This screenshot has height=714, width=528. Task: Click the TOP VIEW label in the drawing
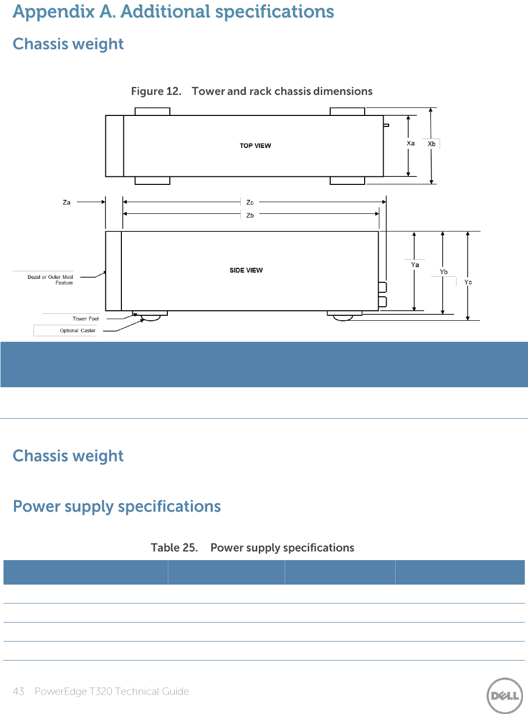tap(255, 146)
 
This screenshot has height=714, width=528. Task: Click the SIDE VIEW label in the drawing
tap(246, 270)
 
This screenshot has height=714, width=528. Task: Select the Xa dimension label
tap(411, 143)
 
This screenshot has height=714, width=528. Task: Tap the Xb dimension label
tap(432, 144)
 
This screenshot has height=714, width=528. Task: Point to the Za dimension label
tap(66, 202)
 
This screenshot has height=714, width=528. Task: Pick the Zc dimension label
tap(250, 202)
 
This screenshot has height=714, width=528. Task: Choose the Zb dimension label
tap(250, 215)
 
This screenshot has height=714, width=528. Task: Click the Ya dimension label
tap(415, 265)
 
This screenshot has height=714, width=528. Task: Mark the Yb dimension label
tap(444, 272)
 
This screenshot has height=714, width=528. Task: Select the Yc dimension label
tap(468, 282)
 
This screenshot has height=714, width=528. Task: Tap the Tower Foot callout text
tap(85, 319)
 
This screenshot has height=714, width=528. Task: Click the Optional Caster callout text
tap(77, 331)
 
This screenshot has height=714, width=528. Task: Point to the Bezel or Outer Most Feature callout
tap(50, 280)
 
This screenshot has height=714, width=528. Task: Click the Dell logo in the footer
tap(505, 696)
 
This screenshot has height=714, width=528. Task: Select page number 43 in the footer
tap(18, 692)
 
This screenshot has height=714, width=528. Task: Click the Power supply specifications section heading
tap(117, 507)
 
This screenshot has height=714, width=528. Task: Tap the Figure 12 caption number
tap(155, 91)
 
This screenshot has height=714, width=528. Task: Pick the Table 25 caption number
tap(174, 548)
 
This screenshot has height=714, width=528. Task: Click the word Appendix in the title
tap(53, 12)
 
